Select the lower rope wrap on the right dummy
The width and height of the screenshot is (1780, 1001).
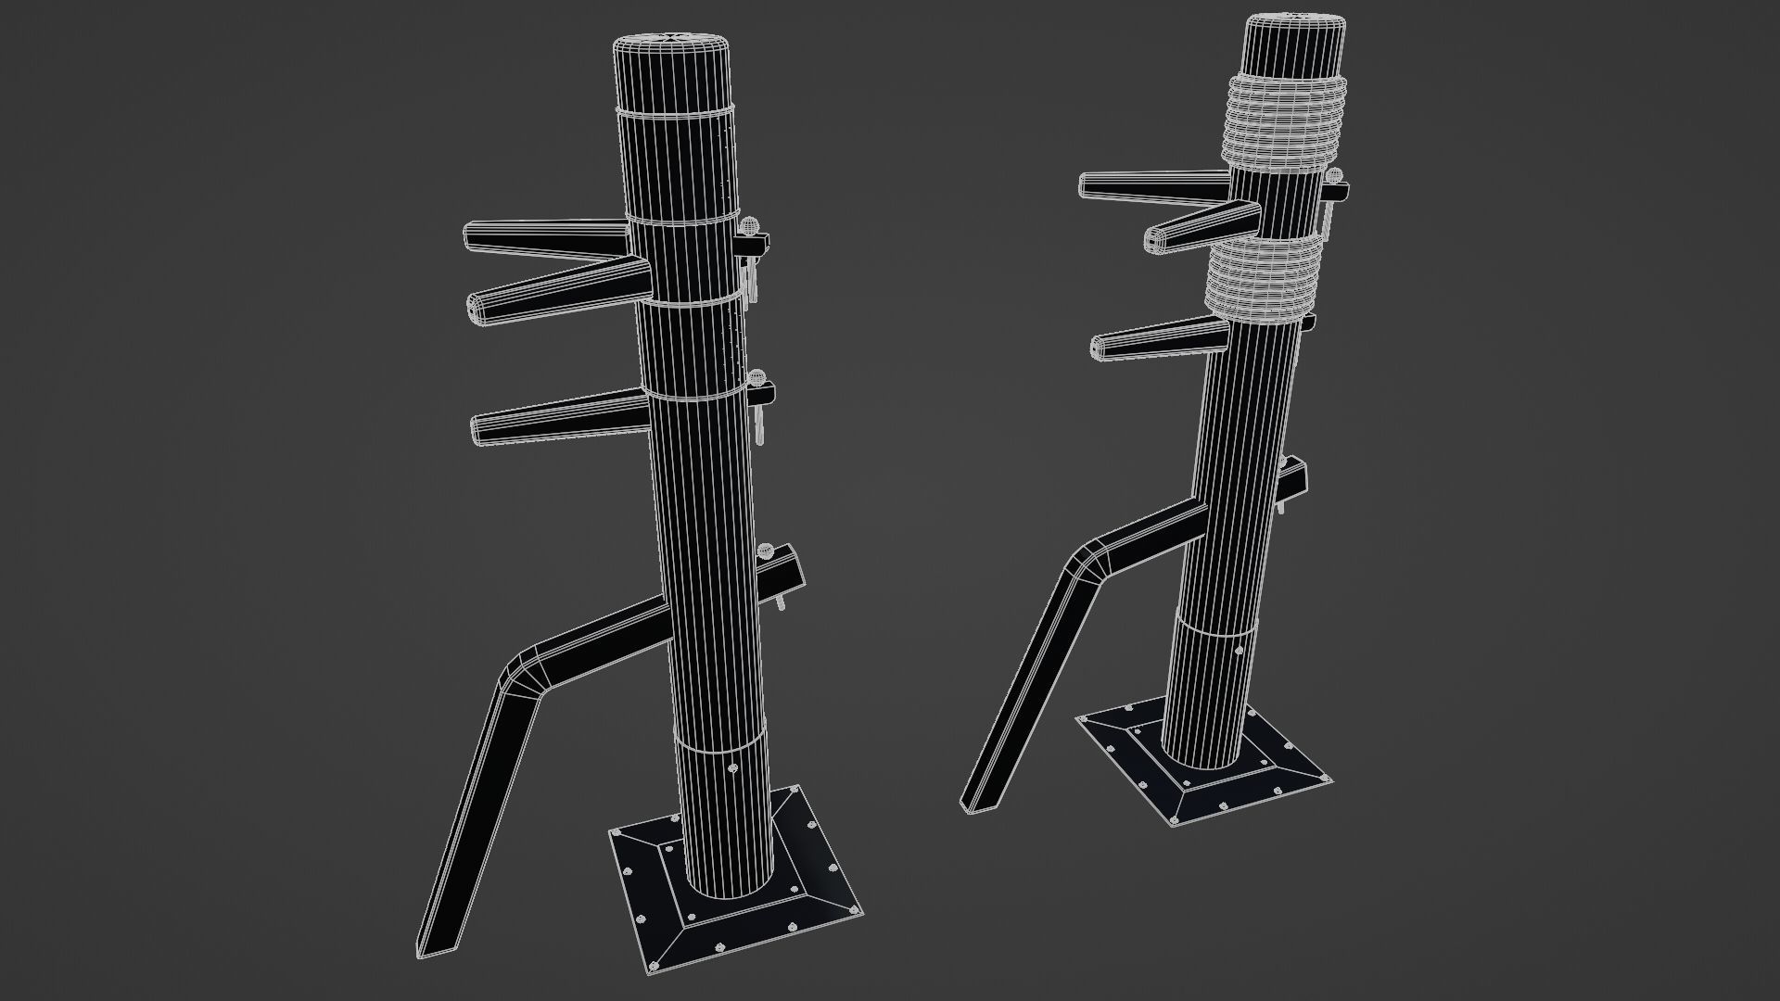(x=1258, y=278)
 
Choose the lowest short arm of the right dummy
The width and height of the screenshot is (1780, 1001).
(x=1150, y=340)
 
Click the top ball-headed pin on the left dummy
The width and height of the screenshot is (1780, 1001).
(x=749, y=225)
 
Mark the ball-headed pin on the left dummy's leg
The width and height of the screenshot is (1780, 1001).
(x=766, y=550)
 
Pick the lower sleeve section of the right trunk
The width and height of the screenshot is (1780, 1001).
(x=1210, y=681)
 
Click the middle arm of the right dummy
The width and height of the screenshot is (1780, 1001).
(x=1196, y=228)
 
